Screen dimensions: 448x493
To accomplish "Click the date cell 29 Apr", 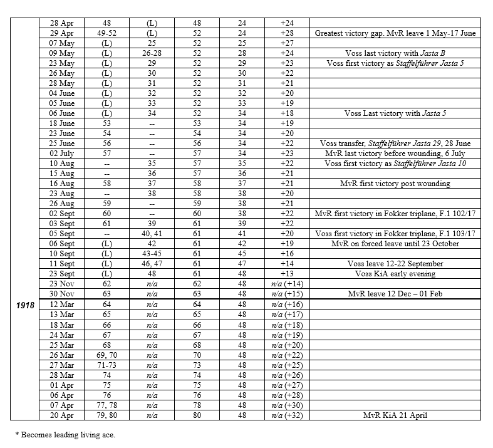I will pyautogui.click(x=62, y=33).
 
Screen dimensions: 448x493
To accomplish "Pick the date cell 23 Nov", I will pyautogui.click(x=62, y=284).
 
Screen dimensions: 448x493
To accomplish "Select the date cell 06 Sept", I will pyautogui.click(x=62, y=244).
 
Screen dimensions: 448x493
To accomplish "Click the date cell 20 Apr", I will pyautogui.click(x=62, y=415).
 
